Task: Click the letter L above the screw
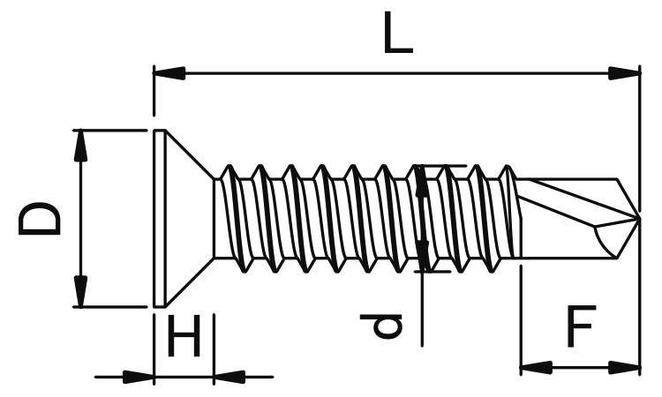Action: coord(398,33)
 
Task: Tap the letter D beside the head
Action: coord(40,219)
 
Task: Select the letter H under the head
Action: coord(184,336)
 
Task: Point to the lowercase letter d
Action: coord(381,326)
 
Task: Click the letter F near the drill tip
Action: coord(582,326)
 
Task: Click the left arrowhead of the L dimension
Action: coord(169,73)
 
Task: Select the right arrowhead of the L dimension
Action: coord(624,73)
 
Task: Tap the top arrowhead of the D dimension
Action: coord(80,146)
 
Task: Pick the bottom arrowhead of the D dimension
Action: coord(80,291)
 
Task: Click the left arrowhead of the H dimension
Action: coord(138,377)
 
